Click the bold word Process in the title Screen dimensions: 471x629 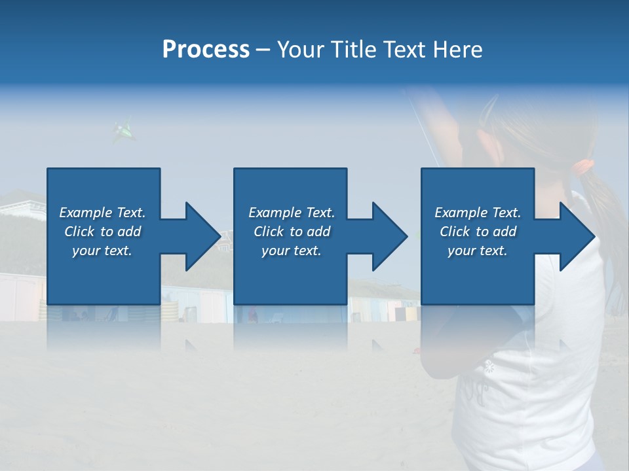click(206, 50)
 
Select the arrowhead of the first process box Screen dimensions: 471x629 click(200, 236)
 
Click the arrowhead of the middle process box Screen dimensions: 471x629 click(387, 236)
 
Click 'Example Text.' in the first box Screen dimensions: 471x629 click(102, 213)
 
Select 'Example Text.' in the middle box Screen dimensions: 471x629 click(292, 213)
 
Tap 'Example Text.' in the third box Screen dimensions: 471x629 click(478, 213)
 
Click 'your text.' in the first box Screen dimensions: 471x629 click(102, 251)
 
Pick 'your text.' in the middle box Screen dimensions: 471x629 click(292, 251)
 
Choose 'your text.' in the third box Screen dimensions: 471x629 click(478, 251)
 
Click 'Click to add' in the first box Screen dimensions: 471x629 click(102, 232)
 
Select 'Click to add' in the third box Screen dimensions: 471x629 click(478, 232)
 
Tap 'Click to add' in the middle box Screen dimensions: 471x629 click(292, 232)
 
